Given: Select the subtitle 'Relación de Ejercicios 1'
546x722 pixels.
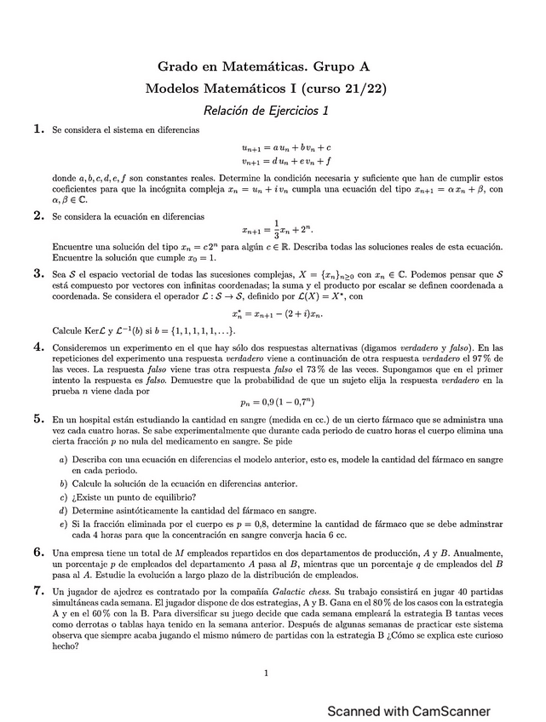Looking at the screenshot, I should click(x=266, y=110).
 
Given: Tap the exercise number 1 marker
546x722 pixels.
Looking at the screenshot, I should click(x=38, y=129).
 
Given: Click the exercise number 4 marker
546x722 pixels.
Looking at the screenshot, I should click(x=38, y=347).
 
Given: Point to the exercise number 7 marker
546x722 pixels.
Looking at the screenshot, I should click(x=38, y=590).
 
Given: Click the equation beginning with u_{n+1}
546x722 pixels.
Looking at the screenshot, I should click(x=286, y=147).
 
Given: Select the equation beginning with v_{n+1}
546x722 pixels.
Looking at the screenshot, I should click(x=286, y=160).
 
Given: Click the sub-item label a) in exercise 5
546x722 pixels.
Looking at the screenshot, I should click(x=64, y=460).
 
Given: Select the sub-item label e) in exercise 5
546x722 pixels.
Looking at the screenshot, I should click(x=64, y=524).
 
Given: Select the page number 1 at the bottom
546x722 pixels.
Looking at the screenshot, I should click(x=267, y=673).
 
